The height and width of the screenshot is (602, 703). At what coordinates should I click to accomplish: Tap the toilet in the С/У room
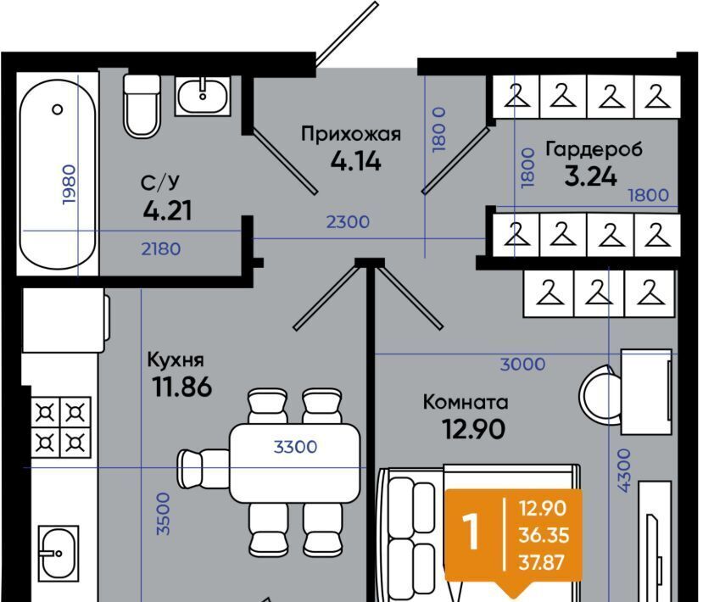click(142, 106)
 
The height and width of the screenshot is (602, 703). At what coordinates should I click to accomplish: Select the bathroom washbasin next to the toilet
click(203, 96)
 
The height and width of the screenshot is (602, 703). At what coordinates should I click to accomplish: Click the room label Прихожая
click(351, 134)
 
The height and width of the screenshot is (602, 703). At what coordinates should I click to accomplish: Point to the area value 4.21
click(168, 210)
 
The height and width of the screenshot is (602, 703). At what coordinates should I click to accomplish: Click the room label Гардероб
click(594, 149)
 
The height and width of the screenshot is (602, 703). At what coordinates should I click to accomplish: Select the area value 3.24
click(590, 176)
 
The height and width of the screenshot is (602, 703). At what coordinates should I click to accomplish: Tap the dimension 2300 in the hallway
click(348, 222)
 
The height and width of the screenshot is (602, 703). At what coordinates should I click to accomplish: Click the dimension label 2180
click(161, 248)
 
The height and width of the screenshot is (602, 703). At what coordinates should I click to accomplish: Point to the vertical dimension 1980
click(70, 185)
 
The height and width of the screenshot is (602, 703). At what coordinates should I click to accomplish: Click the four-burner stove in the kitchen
click(60, 427)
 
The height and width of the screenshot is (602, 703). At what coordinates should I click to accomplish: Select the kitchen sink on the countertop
click(59, 552)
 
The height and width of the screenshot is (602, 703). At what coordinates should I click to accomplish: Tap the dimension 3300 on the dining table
click(295, 447)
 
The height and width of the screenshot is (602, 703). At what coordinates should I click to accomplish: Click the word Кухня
click(176, 360)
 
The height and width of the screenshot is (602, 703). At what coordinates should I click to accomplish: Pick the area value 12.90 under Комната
click(473, 429)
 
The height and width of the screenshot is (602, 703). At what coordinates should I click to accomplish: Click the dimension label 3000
click(522, 364)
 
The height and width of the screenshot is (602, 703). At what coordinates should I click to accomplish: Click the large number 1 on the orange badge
click(471, 532)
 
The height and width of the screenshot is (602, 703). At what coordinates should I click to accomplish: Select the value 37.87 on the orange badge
click(541, 562)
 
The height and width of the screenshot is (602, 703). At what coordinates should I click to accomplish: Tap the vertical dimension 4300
click(623, 471)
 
